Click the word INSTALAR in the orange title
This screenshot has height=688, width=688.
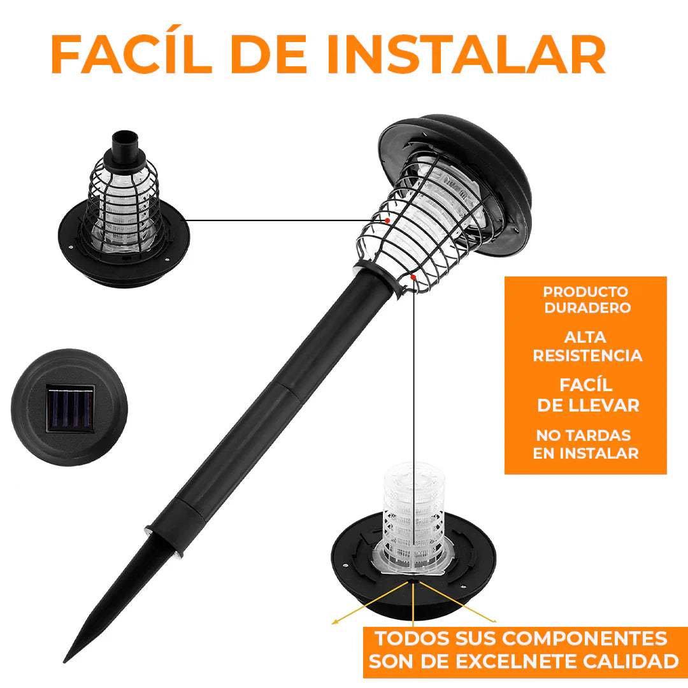coord(466,54)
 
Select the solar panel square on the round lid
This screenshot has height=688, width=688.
coord(70,408)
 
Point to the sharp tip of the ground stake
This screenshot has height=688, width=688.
coord(65,661)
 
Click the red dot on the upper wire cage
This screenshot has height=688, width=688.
coord(387,220)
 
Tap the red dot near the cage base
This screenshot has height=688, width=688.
coord(413,277)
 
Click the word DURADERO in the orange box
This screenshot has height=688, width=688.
coord(587,308)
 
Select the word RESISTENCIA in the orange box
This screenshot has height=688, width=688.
coord(587,355)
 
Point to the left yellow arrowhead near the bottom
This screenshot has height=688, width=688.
coord(334,621)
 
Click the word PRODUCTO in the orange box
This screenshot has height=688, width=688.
coord(585,292)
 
